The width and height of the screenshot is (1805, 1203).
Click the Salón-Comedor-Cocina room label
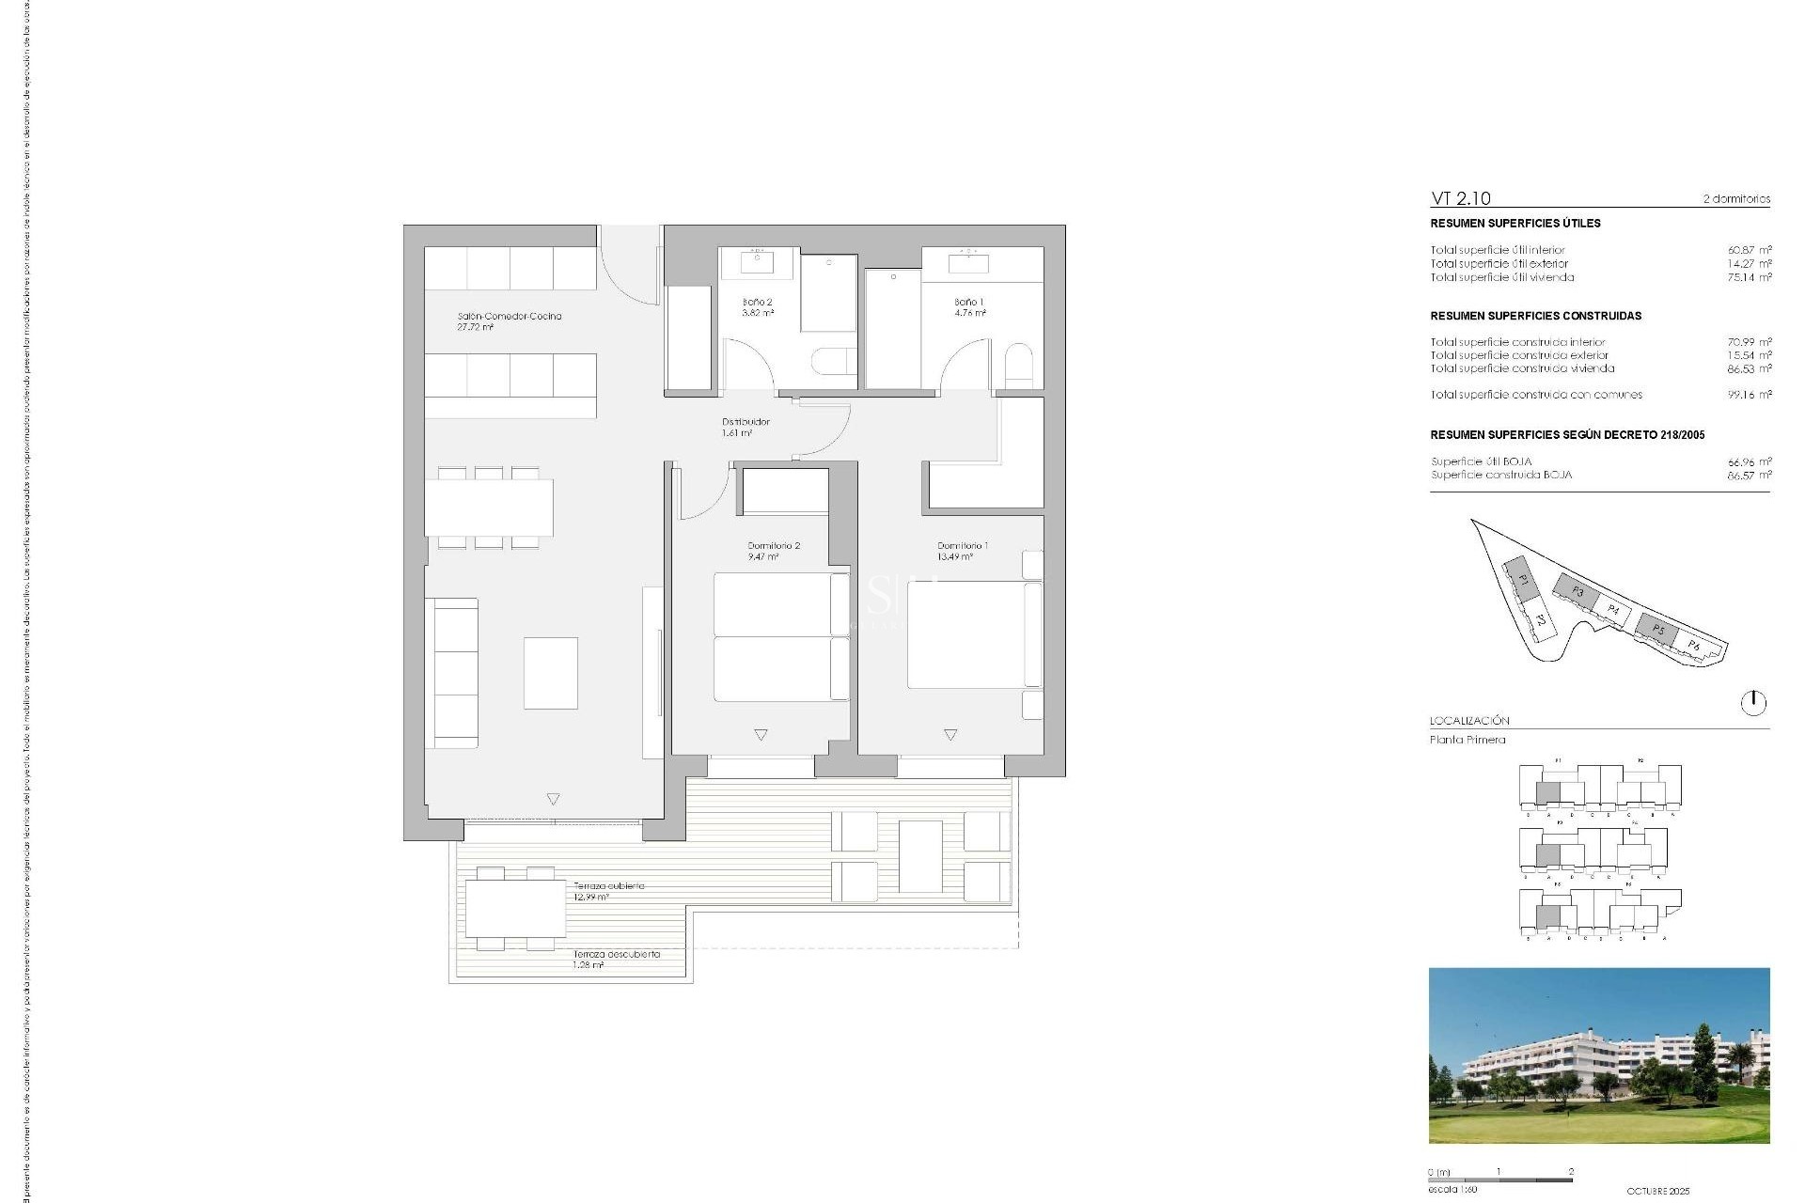509,317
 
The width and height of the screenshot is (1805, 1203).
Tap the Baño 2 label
757,303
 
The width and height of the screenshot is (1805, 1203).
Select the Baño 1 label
969,303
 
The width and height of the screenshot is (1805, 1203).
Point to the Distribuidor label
746,422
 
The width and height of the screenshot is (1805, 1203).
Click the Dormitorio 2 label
774,546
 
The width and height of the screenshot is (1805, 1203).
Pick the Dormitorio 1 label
962,546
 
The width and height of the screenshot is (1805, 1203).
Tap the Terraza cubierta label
609,886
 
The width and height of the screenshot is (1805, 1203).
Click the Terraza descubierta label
617,954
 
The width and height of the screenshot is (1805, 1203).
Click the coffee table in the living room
551,673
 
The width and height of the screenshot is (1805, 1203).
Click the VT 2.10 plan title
1460,198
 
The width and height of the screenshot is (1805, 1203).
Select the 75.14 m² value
1749,277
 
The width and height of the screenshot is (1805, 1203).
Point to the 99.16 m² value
1749,395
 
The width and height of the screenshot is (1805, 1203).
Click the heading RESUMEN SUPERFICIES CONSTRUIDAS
1535,316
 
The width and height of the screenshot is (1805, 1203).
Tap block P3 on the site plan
1577,592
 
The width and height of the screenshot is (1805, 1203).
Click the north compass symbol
1753,703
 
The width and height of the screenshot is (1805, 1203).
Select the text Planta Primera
1468,740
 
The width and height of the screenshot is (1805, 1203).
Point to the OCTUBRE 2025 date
1657,1191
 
